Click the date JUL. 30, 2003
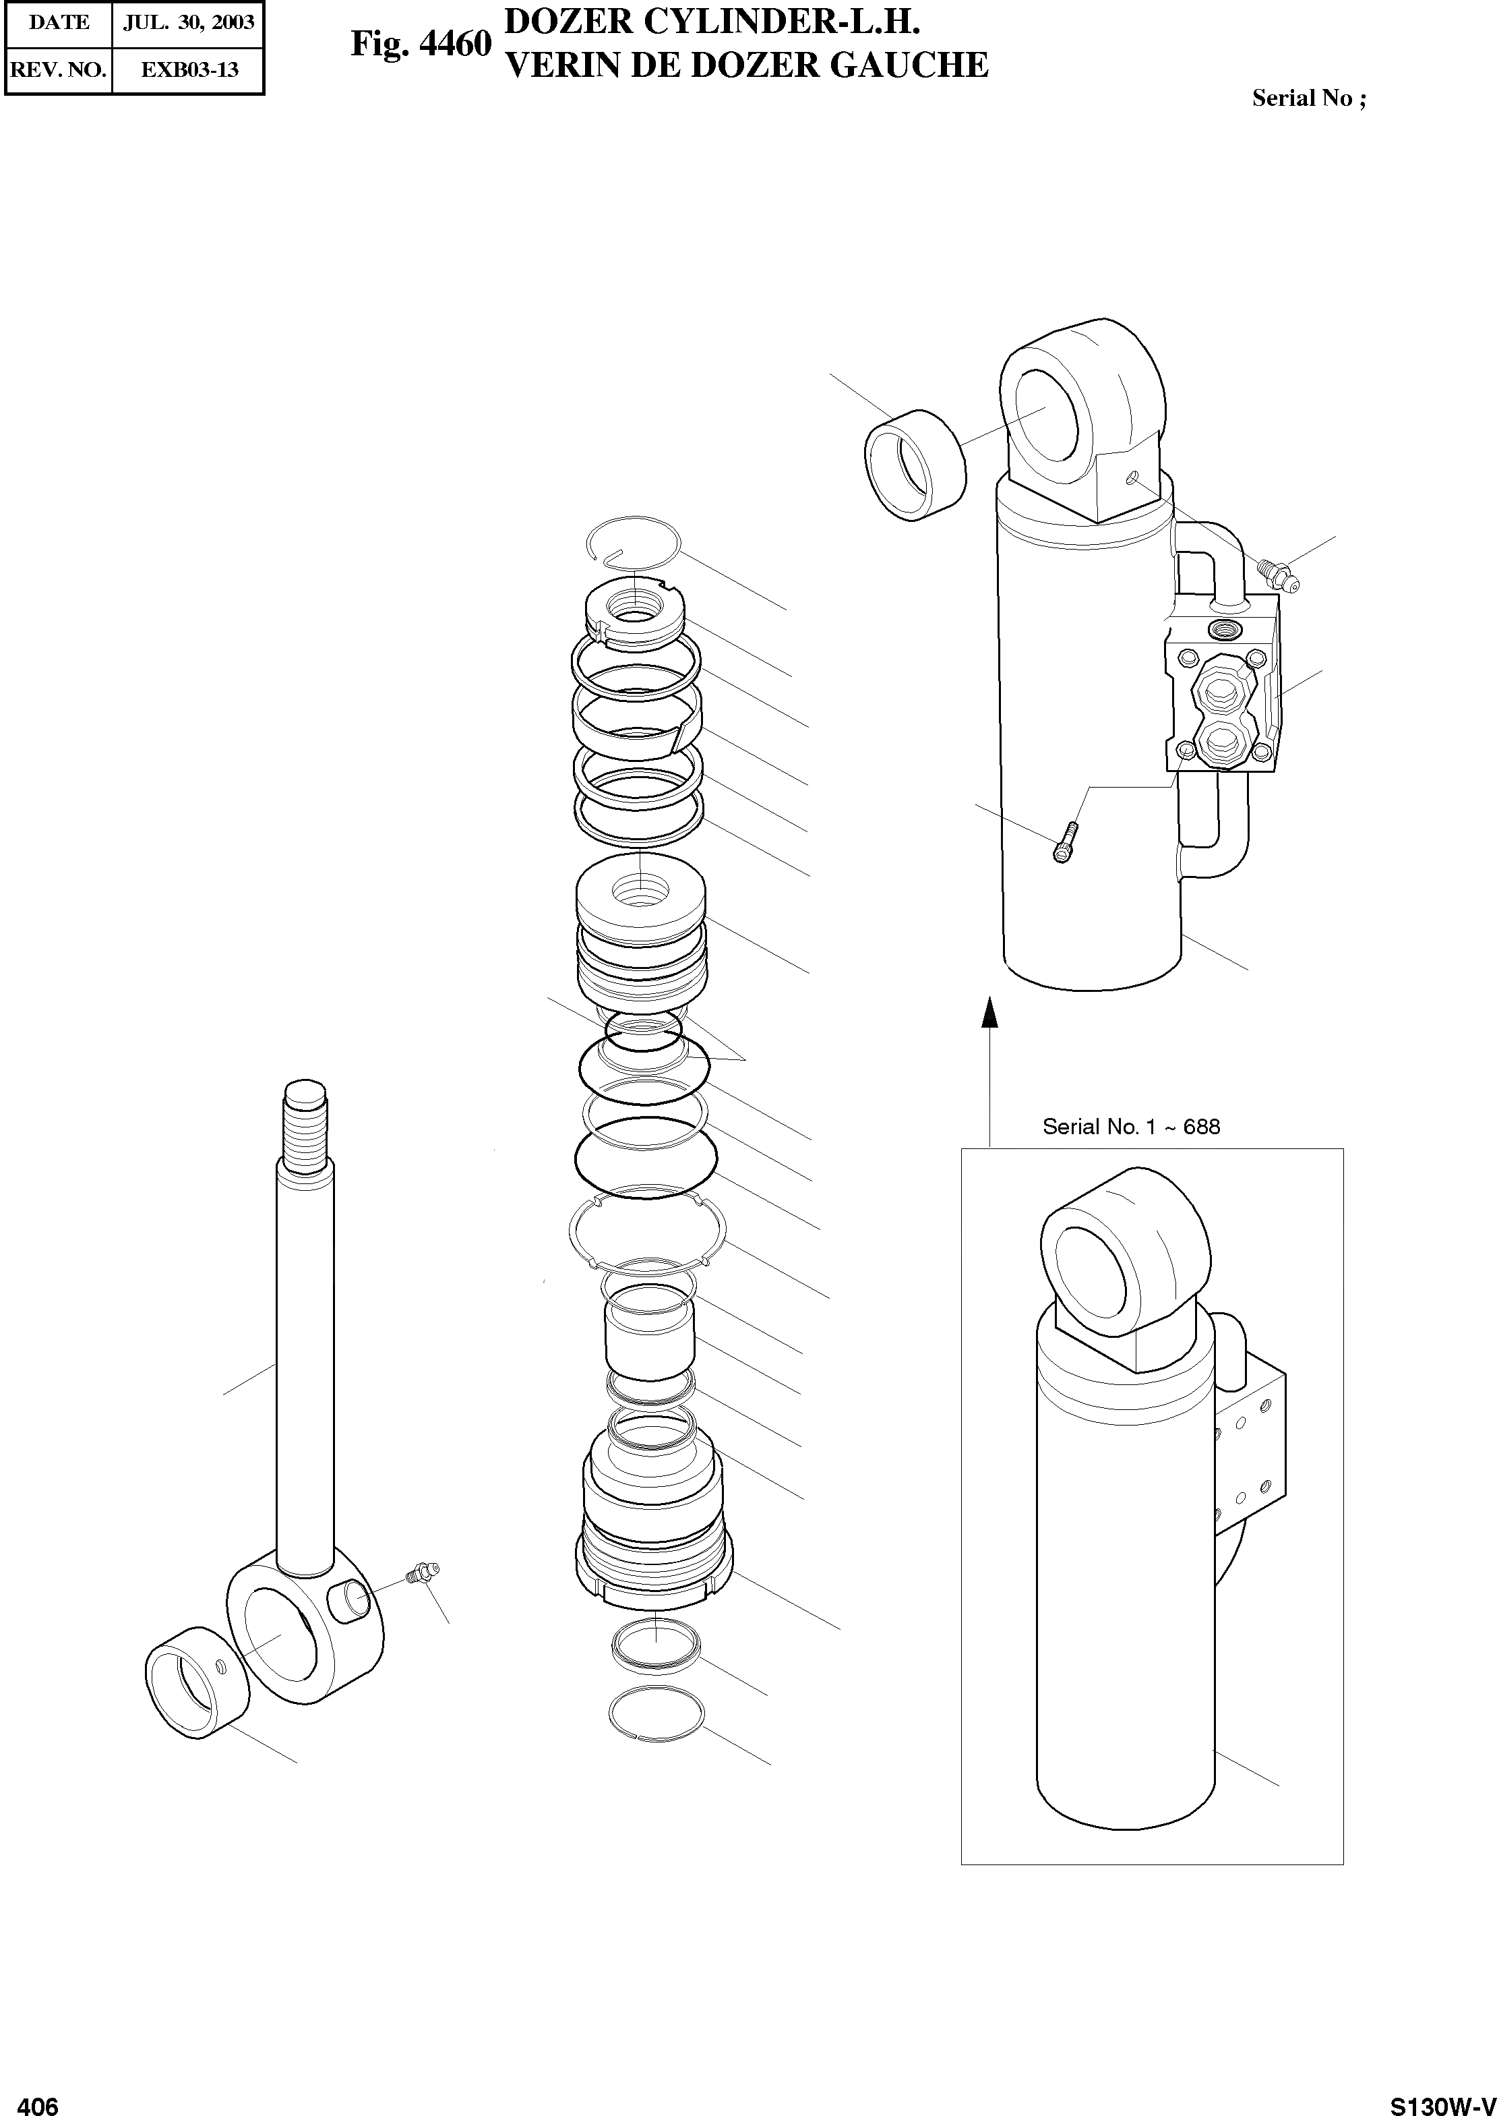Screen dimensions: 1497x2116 tap(188, 22)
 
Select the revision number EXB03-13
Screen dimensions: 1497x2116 tap(189, 69)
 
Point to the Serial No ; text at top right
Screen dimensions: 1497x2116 tap(1308, 98)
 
